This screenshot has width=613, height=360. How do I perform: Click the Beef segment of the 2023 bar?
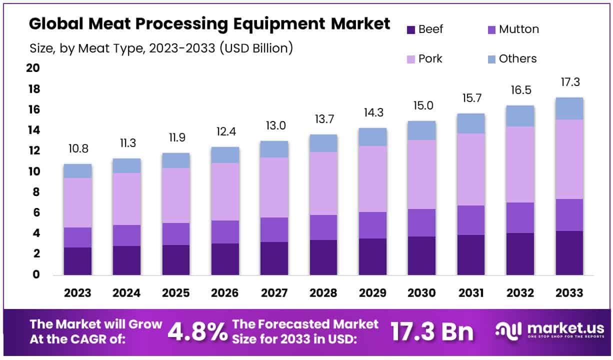pyautogui.click(x=77, y=261)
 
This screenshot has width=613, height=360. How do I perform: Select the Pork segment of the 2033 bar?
pyautogui.click(x=569, y=159)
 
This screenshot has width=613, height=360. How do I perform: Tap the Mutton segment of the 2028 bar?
pyautogui.click(x=323, y=227)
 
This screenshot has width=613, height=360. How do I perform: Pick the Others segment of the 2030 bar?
pyautogui.click(x=421, y=130)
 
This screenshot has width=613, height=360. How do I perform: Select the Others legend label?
pyautogui.click(x=517, y=59)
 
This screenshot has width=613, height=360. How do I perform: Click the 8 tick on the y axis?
pyautogui.click(x=35, y=192)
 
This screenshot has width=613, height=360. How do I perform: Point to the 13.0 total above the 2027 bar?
pyautogui.click(x=274, y=126)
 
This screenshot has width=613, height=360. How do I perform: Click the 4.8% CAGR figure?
pyautogui.click(x=197, y=331)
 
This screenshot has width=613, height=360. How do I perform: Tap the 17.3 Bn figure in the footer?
pyautogui.click(x=431, y=331)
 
